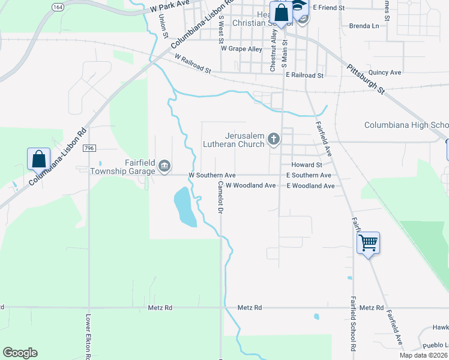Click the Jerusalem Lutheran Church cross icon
click(274, 140)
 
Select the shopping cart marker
click(368, 243)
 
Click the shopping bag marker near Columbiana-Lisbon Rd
click(38, 159)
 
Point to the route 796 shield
click(89, 148)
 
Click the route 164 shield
click(58, 7)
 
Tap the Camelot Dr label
click(220, 197)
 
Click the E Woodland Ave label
click(310, 186)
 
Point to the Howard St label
click(307, 165)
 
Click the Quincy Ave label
click(385, 73)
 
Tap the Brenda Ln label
click(364, 26)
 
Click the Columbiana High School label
click(406, 125)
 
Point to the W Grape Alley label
click(241, 49)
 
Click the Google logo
click(20, 353)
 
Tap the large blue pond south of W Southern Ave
click(184, 207)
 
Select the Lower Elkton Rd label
click(88, 335)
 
